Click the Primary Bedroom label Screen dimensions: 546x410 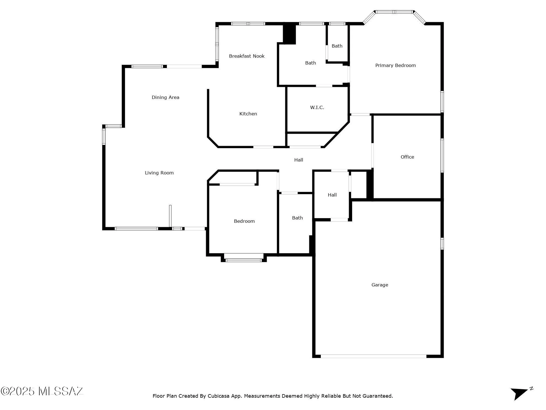395,65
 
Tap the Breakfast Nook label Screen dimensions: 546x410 247,56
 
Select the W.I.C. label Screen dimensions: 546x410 317,107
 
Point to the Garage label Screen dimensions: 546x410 380,285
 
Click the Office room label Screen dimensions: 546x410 407,157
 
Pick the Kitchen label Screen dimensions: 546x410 248,114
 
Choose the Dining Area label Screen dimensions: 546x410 165,97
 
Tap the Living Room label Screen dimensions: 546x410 159,173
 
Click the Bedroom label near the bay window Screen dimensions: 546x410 244,221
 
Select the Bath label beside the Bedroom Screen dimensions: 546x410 297,218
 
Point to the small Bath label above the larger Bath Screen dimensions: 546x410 337,46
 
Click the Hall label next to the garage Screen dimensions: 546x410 332,195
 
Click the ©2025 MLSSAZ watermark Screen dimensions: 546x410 42,391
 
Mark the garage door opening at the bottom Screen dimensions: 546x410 373,356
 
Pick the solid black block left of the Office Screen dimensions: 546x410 370,185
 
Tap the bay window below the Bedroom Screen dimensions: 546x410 244,258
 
